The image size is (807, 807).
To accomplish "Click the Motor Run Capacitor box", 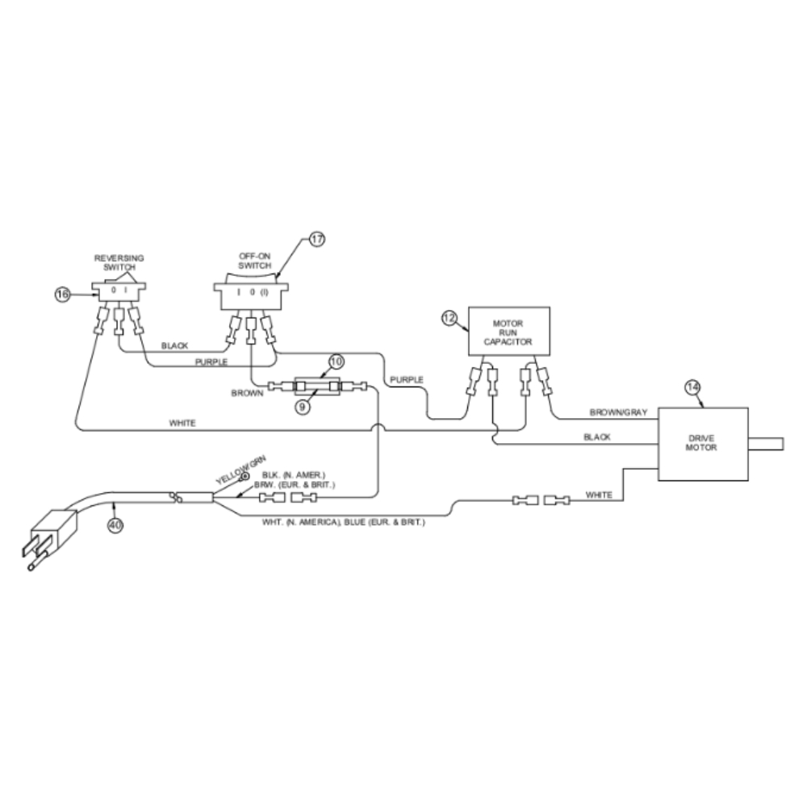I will click(x=509, y=331).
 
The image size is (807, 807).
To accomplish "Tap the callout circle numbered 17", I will click(x=316, y=240).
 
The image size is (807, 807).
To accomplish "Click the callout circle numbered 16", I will click(x=63, y=295).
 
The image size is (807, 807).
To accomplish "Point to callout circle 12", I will click(x=449, y=318).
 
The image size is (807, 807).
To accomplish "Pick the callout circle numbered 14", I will click(x=692, y=387).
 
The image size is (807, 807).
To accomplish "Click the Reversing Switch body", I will click(x=119, y=288).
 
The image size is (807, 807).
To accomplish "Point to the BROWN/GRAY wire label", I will click(x=619, y=412).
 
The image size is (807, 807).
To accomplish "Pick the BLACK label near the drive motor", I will click(x=596, y=437).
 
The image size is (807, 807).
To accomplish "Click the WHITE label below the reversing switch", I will click(x=182, y=423).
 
